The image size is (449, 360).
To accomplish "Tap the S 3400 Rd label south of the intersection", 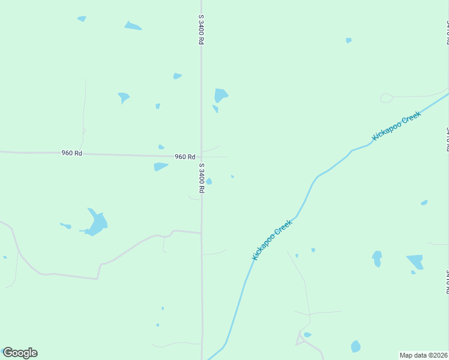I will tap(202, 178).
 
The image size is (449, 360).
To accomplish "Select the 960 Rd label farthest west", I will tap(71, 153).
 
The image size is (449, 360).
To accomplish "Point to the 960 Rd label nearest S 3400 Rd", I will tap(185, 157).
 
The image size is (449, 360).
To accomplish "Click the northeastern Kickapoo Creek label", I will tap(397, 126).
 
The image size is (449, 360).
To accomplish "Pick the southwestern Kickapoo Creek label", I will tap(272, 239).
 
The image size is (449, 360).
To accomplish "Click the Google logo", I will tap(20, 353).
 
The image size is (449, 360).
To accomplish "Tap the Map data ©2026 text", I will tap(423, 355).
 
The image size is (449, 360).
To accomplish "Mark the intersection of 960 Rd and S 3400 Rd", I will tap(201, 157).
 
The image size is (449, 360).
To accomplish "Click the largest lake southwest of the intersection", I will tap(96, 224).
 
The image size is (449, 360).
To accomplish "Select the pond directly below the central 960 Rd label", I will tap(160, 167).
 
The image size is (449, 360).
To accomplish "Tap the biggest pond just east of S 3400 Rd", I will tap(221, 95).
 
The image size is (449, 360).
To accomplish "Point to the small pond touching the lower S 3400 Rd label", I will tap(209, 181).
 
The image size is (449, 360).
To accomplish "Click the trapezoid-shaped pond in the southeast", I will tap(415, 262).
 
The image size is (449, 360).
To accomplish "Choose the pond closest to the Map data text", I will tap(356, 346).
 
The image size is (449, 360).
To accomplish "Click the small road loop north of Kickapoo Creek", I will tap(386, 98).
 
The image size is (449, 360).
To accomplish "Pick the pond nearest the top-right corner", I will tap(349, 41).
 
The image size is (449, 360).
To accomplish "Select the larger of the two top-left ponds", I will tap(133, 26).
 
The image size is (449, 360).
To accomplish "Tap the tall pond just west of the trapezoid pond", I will tap(377, 259).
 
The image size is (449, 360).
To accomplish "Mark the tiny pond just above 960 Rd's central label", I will tap(161, 147).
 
